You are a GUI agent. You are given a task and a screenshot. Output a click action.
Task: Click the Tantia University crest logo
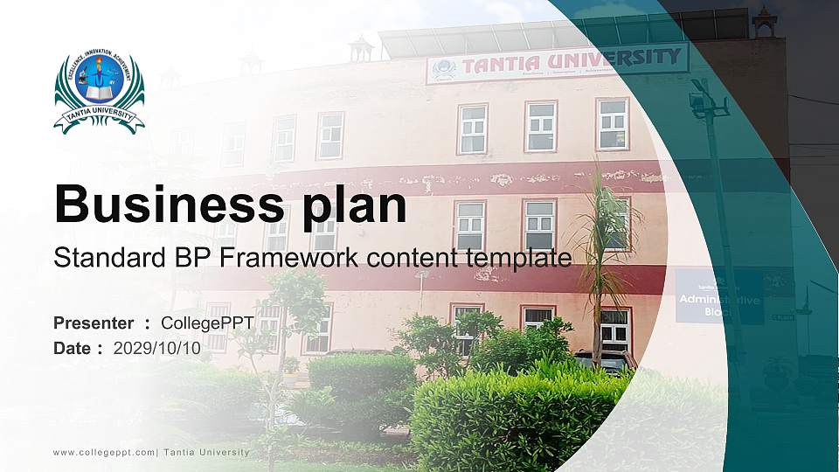click(99, 92)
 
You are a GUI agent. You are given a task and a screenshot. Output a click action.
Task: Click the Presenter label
click(94, 323)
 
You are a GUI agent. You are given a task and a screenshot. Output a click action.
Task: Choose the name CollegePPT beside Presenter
click(207, 323)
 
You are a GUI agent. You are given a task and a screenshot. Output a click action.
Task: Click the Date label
click(73, 348)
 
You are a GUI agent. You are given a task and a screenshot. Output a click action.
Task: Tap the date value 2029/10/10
click(157, 348)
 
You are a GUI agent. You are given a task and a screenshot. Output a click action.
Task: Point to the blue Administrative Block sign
click(718, 297)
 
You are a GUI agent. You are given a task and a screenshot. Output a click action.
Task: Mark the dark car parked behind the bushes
click(603, 358)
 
